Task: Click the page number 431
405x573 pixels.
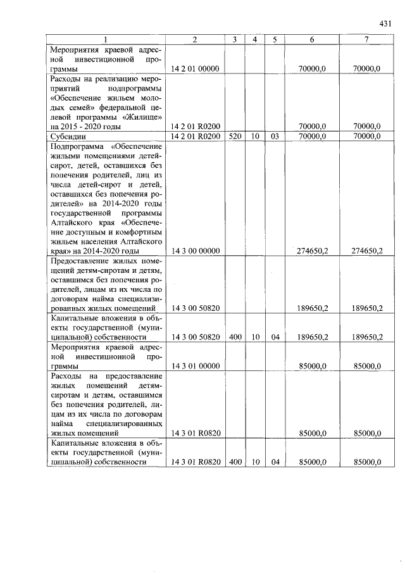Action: click(386, 23)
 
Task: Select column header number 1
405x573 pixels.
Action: click(105, 40)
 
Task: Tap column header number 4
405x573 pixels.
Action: click(254, 40)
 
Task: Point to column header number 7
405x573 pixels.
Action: click(366, 40)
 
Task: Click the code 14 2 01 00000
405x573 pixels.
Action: click(196, 68)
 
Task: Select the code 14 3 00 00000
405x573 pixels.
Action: click(196, 251)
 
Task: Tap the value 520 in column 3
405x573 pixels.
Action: click(234, 136)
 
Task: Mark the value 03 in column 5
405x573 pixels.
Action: click(275, 136)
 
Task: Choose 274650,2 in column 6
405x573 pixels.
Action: click(313, 251)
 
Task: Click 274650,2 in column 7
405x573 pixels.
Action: click(367, 251)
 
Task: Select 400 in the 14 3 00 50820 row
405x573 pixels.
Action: click(234, 337)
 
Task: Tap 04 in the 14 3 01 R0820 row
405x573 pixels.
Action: click(275, 462)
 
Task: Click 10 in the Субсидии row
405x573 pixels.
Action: click(254, 136)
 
